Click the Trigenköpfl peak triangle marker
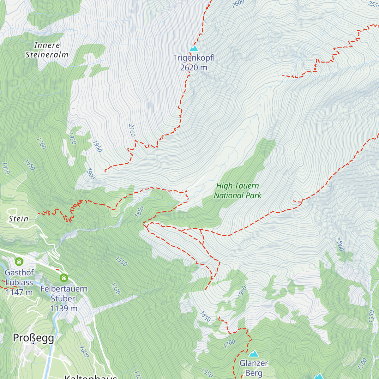[x=194, y=49]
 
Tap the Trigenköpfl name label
[x=194, y=58]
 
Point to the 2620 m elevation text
[x=194, y=68]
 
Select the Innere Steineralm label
[x=47, y=50]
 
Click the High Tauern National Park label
[x=238, y=191]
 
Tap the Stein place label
[x=18, y=219]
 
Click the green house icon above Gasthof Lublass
[x=19, y=262]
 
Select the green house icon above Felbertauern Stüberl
[x=64, y=278]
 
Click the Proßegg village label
[x=33, y=338]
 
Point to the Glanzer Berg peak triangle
[x=254, y=354]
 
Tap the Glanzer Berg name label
[x=254, y=368]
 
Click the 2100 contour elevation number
[x=132, y=130]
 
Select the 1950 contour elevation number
[x=97, y=146]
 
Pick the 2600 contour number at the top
[x=238, y=4]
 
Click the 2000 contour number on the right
[x=340, y=244]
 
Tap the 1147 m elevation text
[x=19, y=292]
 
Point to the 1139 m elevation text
[x=64, y=309]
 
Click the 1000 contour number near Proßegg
[x=84, y=352]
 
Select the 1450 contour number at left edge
[x=6, y=168]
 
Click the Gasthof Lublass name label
[x=19, y=277]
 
